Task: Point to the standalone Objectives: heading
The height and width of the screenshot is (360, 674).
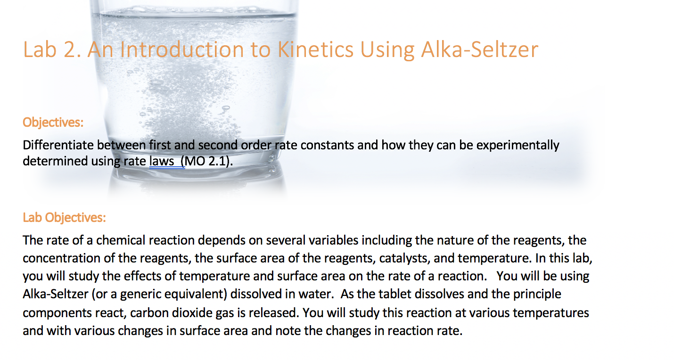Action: click(x=53, y=123)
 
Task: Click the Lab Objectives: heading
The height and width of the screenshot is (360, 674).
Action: click(x=64, y=218)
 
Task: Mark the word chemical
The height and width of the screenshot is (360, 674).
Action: click(x=121, y=240)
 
